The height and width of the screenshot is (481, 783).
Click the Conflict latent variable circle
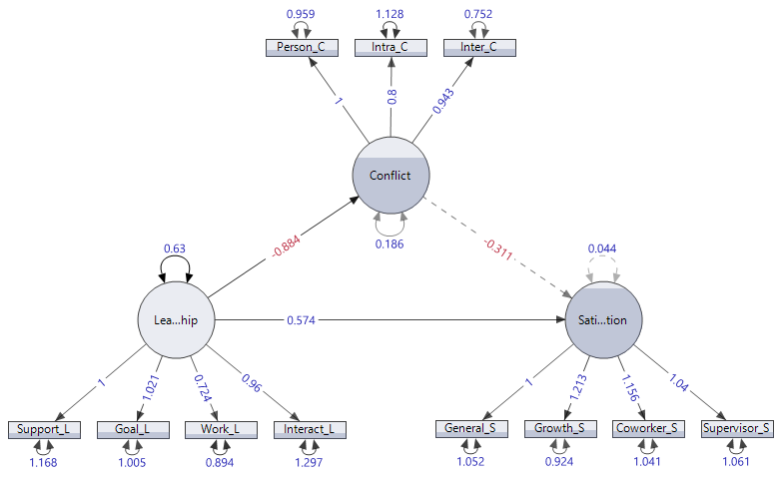point(390,175)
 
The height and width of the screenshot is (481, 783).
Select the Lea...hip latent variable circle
point(178,320)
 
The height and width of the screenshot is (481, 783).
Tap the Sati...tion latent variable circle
point(603,320)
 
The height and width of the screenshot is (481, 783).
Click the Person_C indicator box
point(302,47)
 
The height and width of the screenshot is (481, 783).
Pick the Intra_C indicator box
point(390,47)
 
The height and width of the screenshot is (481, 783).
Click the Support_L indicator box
point(44,430)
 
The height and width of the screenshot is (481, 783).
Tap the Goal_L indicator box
point(132,430)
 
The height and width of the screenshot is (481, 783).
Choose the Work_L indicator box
point(220,430)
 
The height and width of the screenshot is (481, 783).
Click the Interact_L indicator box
point(309,430)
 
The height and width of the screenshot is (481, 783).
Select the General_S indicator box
point(471,429)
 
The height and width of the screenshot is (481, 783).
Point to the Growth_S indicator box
point(559,429)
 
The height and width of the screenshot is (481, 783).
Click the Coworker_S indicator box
point(647,429)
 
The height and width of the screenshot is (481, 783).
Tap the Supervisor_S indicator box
point(736,429)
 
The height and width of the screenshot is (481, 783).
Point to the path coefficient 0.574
point(303,320)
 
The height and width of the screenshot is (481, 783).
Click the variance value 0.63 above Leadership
point(175,249)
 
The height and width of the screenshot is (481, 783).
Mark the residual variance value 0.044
point(602,248)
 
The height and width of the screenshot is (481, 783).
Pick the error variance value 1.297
point(309,463)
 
